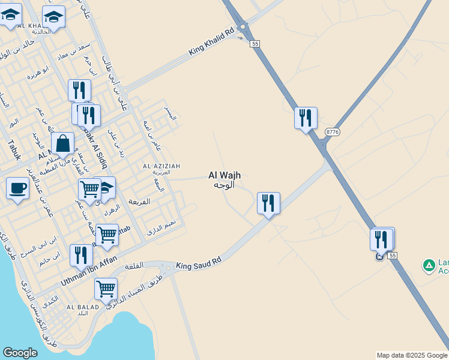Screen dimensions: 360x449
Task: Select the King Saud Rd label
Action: (x=199, y=262)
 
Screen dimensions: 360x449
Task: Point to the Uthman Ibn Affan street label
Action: (x=89, y=270)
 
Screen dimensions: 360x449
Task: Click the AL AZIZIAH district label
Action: (x=161, y=166)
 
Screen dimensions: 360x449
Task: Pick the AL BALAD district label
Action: (x=77, y=307)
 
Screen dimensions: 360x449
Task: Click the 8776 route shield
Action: (x=333, y=131)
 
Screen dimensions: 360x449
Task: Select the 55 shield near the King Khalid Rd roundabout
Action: (x=256, y=44)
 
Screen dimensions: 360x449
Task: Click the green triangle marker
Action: (x=429, y=265)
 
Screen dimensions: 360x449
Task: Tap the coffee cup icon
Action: (x=17, y=188)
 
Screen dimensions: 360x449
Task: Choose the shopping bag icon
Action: (x=62, y=144)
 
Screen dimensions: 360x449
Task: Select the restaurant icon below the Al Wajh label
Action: (x=268, y=203)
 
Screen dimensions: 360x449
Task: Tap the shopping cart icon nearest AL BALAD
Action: (x=106, y=289)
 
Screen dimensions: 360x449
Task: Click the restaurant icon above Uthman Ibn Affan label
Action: (x=80, y=254)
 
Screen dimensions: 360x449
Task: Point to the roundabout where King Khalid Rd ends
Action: (x=243, y=27)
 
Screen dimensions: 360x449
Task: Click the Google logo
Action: (x=20, y=353)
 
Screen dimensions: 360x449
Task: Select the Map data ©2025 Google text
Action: (x=412, y=356)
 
